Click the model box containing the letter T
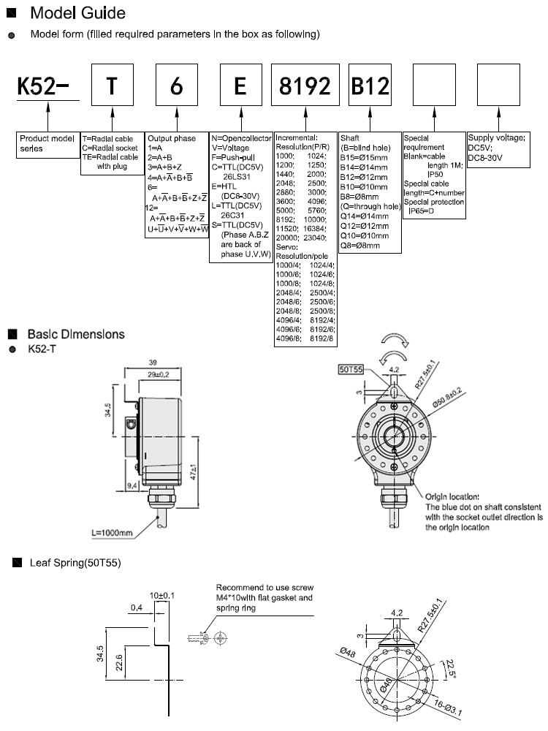coord(111,86)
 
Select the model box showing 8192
coord(305,86)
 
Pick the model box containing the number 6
coord(176,86)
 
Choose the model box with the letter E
coord(240,86)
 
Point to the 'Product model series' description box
coord(47,143)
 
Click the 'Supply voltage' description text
coord(496,137)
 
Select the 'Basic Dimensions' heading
coord(76,334)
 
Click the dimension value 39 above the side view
coord(152,362)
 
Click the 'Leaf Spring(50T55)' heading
coord(75,563)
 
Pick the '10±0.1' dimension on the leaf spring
coord(161,595)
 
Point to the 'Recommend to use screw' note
coord(265,587)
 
